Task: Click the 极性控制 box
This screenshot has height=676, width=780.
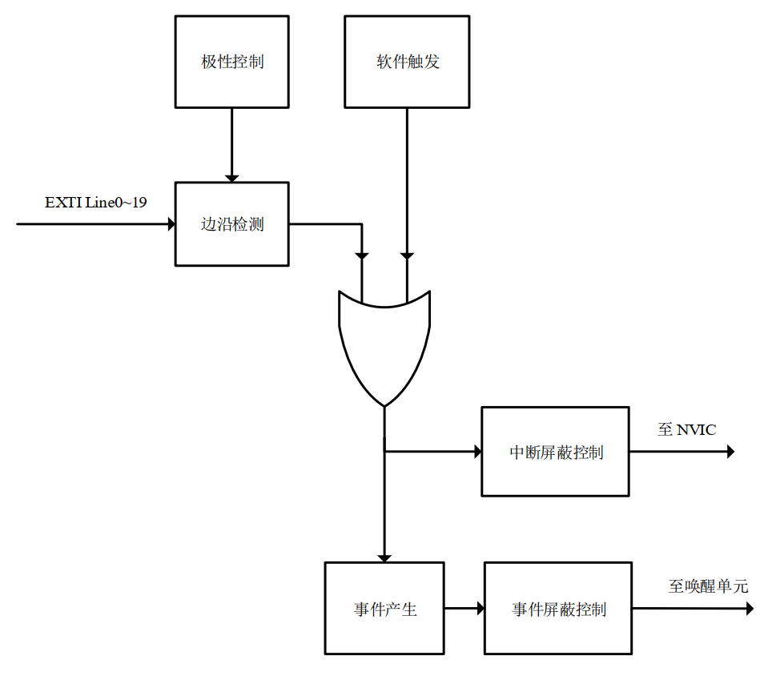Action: (x=231, y=62)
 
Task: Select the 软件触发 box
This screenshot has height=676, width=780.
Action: (x=407, y=62)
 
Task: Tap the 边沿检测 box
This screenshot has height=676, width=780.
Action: (x=231, y=223)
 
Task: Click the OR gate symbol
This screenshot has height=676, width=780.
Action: (x=384, y=344)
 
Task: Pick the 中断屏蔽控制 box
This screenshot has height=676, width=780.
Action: (x=555, y=452)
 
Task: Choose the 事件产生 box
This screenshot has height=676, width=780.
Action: (x=384, y=609)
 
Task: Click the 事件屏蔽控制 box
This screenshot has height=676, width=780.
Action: (x=558, y=609)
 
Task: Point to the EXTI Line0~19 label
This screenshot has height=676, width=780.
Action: (x=95, y=203)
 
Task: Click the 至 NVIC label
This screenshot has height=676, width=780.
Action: (x=686, y=430)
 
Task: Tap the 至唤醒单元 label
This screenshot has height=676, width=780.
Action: (x=708, y=587)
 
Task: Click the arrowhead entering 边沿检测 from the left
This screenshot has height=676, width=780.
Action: (x=171, y=224)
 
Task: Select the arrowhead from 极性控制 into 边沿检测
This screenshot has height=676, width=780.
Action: (x=231, y=177)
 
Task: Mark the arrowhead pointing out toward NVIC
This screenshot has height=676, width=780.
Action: (x=730, y=452)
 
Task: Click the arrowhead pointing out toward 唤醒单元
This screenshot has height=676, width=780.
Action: (x=749, y=609)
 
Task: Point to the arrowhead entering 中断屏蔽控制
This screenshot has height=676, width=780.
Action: (x=477, y=452)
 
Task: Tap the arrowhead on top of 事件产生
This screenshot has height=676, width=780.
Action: (x=384, y=557)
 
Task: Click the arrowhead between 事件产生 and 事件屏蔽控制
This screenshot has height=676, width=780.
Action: (x=480, y=609)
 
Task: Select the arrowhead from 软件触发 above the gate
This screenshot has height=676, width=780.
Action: (x=407, y=256)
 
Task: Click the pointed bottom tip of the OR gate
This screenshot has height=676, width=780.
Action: (x=384, y=406)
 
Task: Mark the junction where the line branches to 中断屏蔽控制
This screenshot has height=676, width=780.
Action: (x=384, y=452)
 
